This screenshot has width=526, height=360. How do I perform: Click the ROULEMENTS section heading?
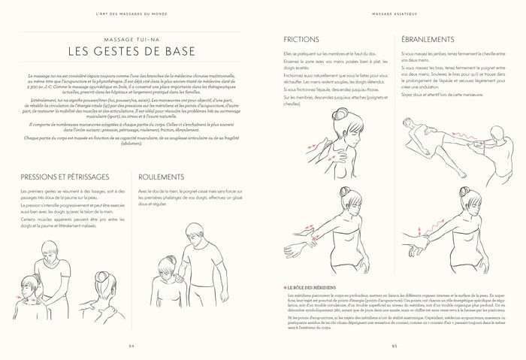tap(165, 177)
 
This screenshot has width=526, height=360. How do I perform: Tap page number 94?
tap(131, 345)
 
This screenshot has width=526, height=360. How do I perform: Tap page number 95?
tap(394, 345)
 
